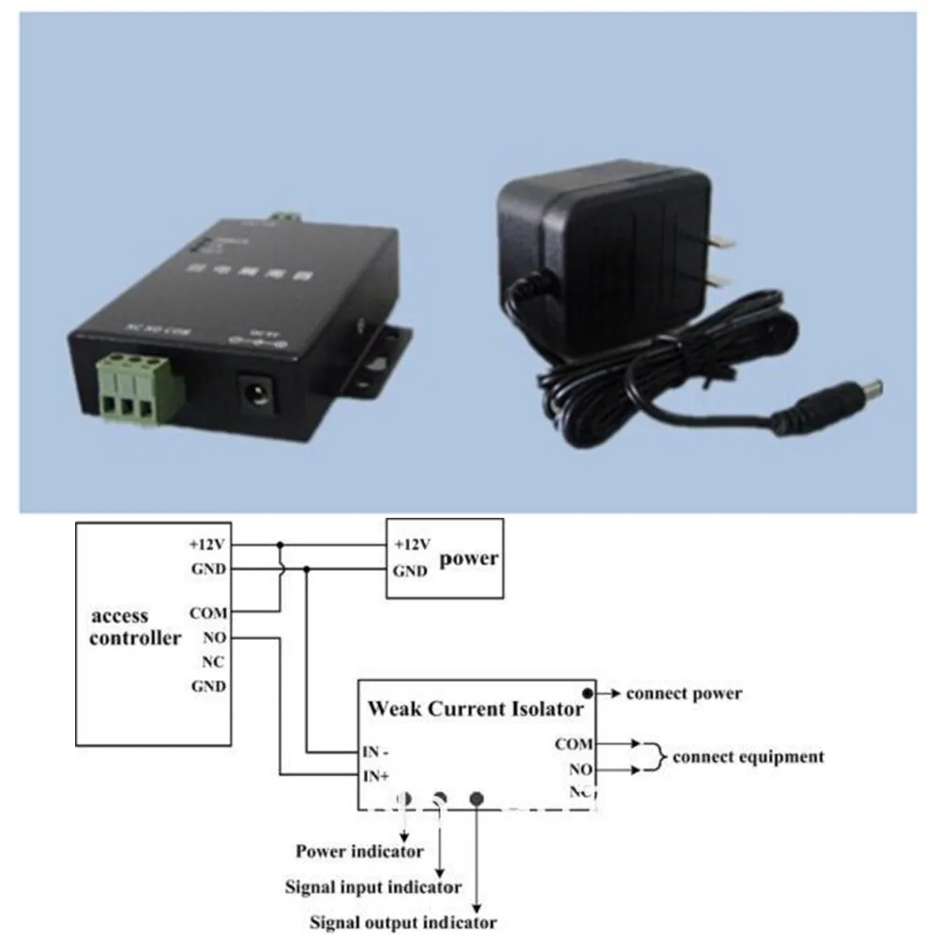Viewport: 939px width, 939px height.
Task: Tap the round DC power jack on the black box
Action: [256, 390]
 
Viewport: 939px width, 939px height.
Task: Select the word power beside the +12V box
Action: [469, 558]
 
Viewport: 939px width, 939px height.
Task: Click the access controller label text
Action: [134, 628]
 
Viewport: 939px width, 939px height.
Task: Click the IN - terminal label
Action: [377, 751]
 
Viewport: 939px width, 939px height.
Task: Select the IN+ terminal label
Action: [377, 775]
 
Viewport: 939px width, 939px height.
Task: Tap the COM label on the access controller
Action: [208, 613]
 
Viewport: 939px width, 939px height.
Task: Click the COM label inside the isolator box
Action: [573, 745]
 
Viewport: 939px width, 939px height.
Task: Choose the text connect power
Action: [684, 694]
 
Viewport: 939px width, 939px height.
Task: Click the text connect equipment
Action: [749, 756]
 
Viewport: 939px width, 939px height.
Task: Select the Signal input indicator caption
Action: [373, 886]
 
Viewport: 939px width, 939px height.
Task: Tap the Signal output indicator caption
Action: [402, 922]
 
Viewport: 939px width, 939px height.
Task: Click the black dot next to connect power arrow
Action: [588, 693]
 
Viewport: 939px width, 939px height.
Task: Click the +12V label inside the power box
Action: [412, 544]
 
